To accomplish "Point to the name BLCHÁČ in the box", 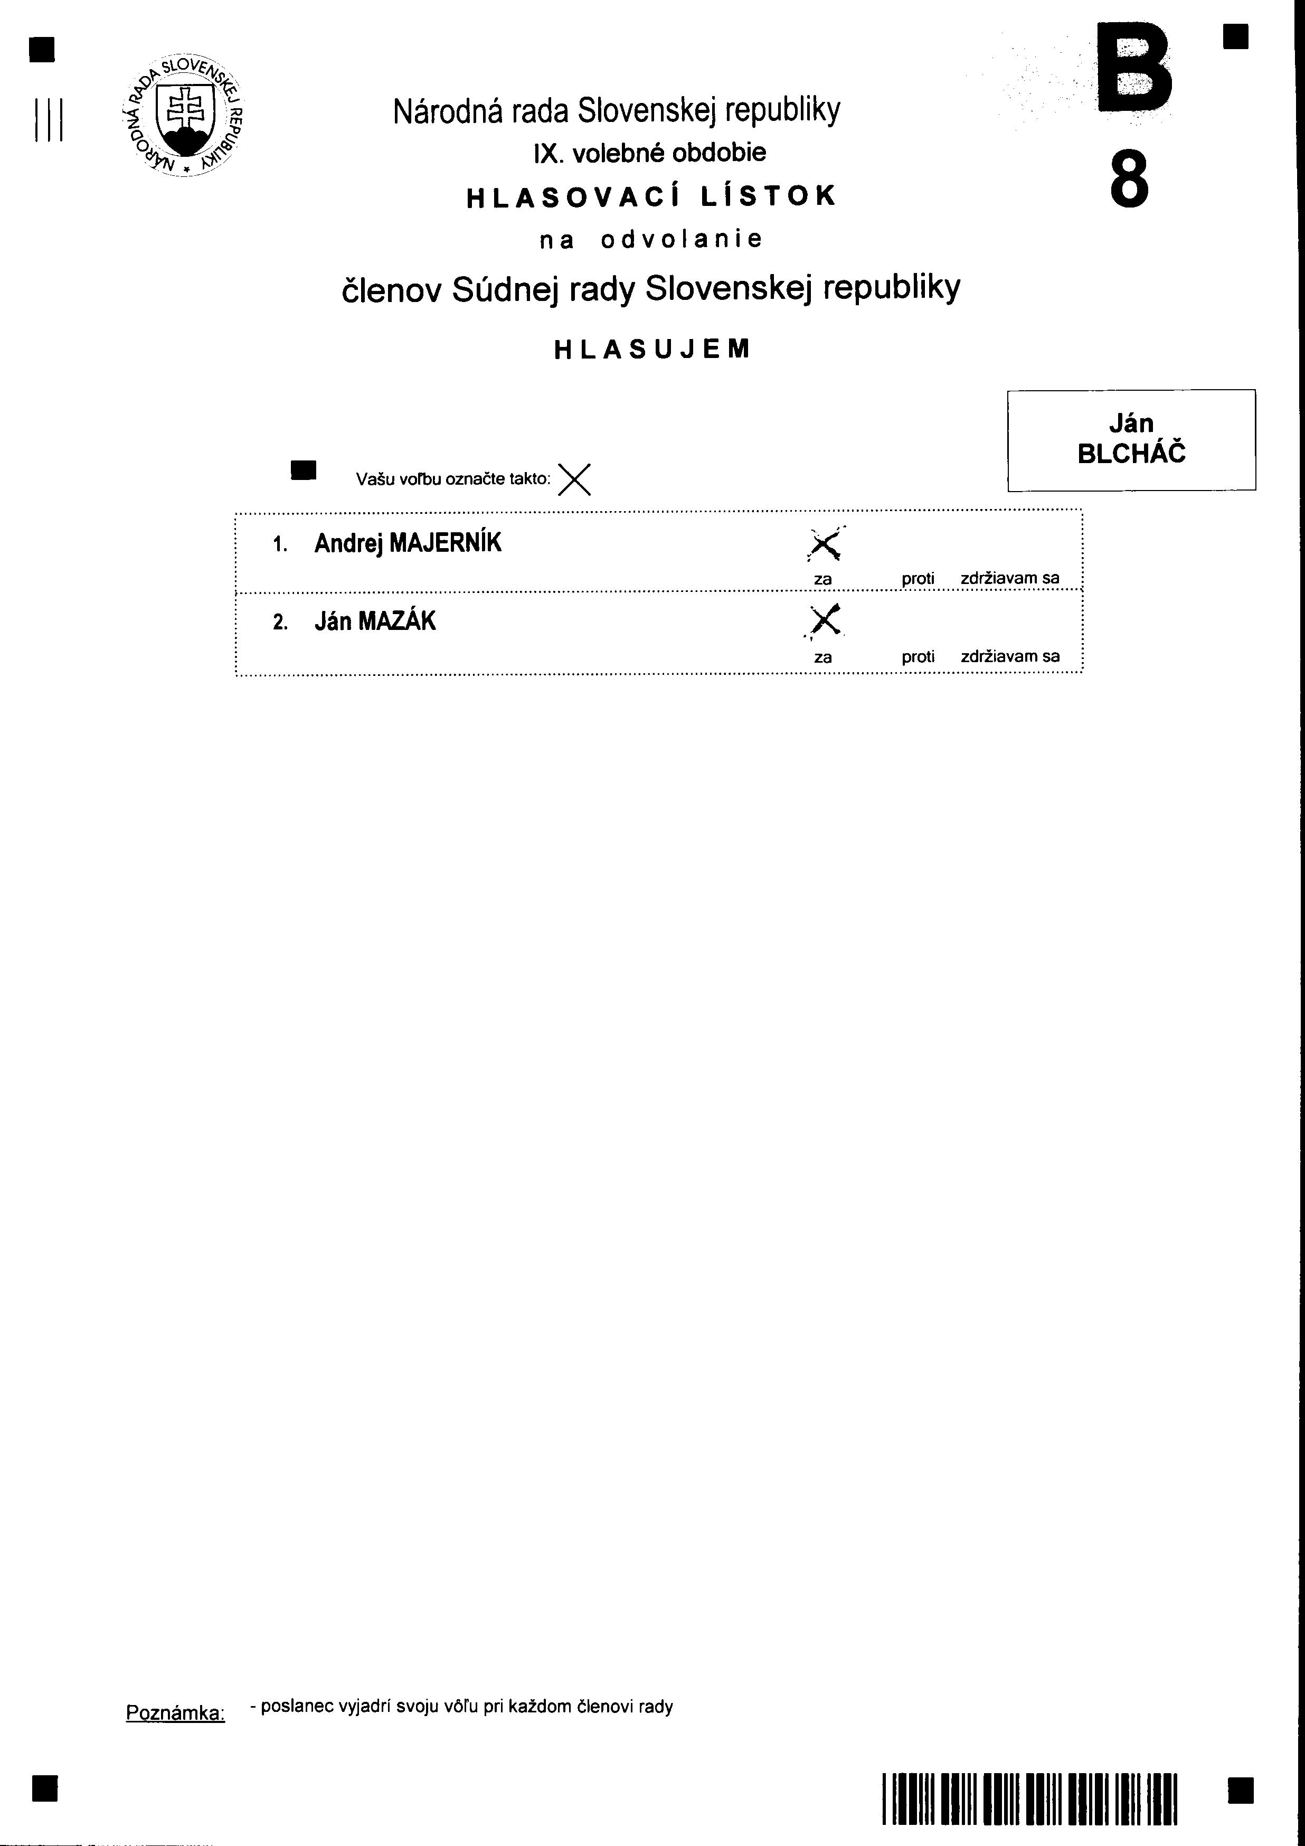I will (1131, 454).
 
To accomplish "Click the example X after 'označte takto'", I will (574, 480).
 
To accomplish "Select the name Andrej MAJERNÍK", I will (408, 543).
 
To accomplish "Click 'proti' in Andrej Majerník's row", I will (918, 578).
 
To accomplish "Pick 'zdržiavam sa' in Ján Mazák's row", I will (1010, 656).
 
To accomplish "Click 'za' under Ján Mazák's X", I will (822, 657).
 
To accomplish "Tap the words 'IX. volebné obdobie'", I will (650, 153).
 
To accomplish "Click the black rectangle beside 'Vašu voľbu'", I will (304, 470).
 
